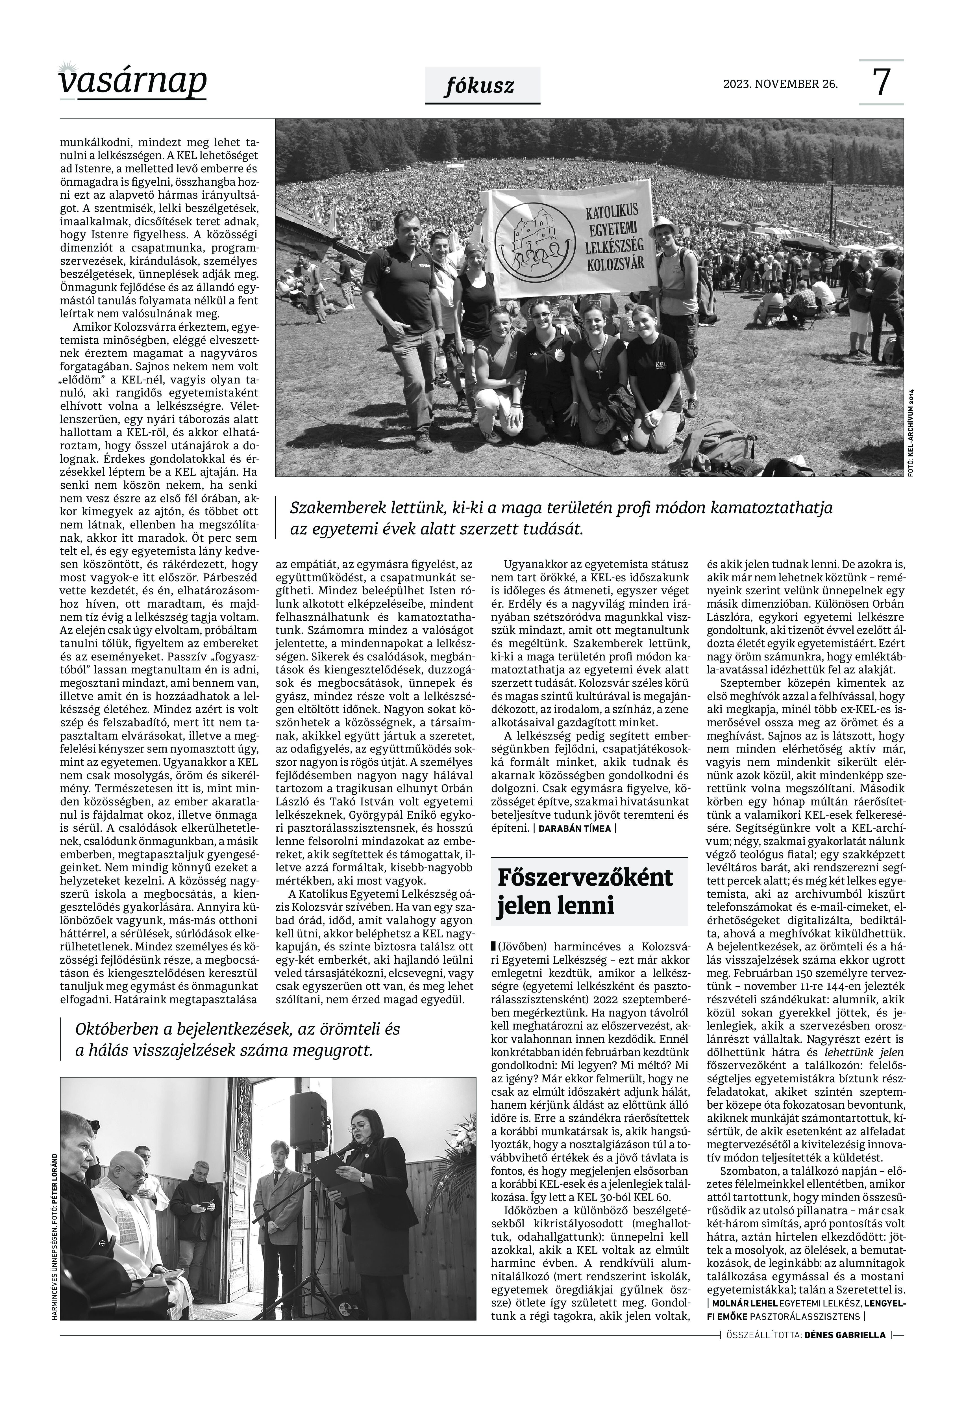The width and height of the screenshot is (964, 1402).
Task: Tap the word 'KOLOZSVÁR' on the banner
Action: (615, 263)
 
